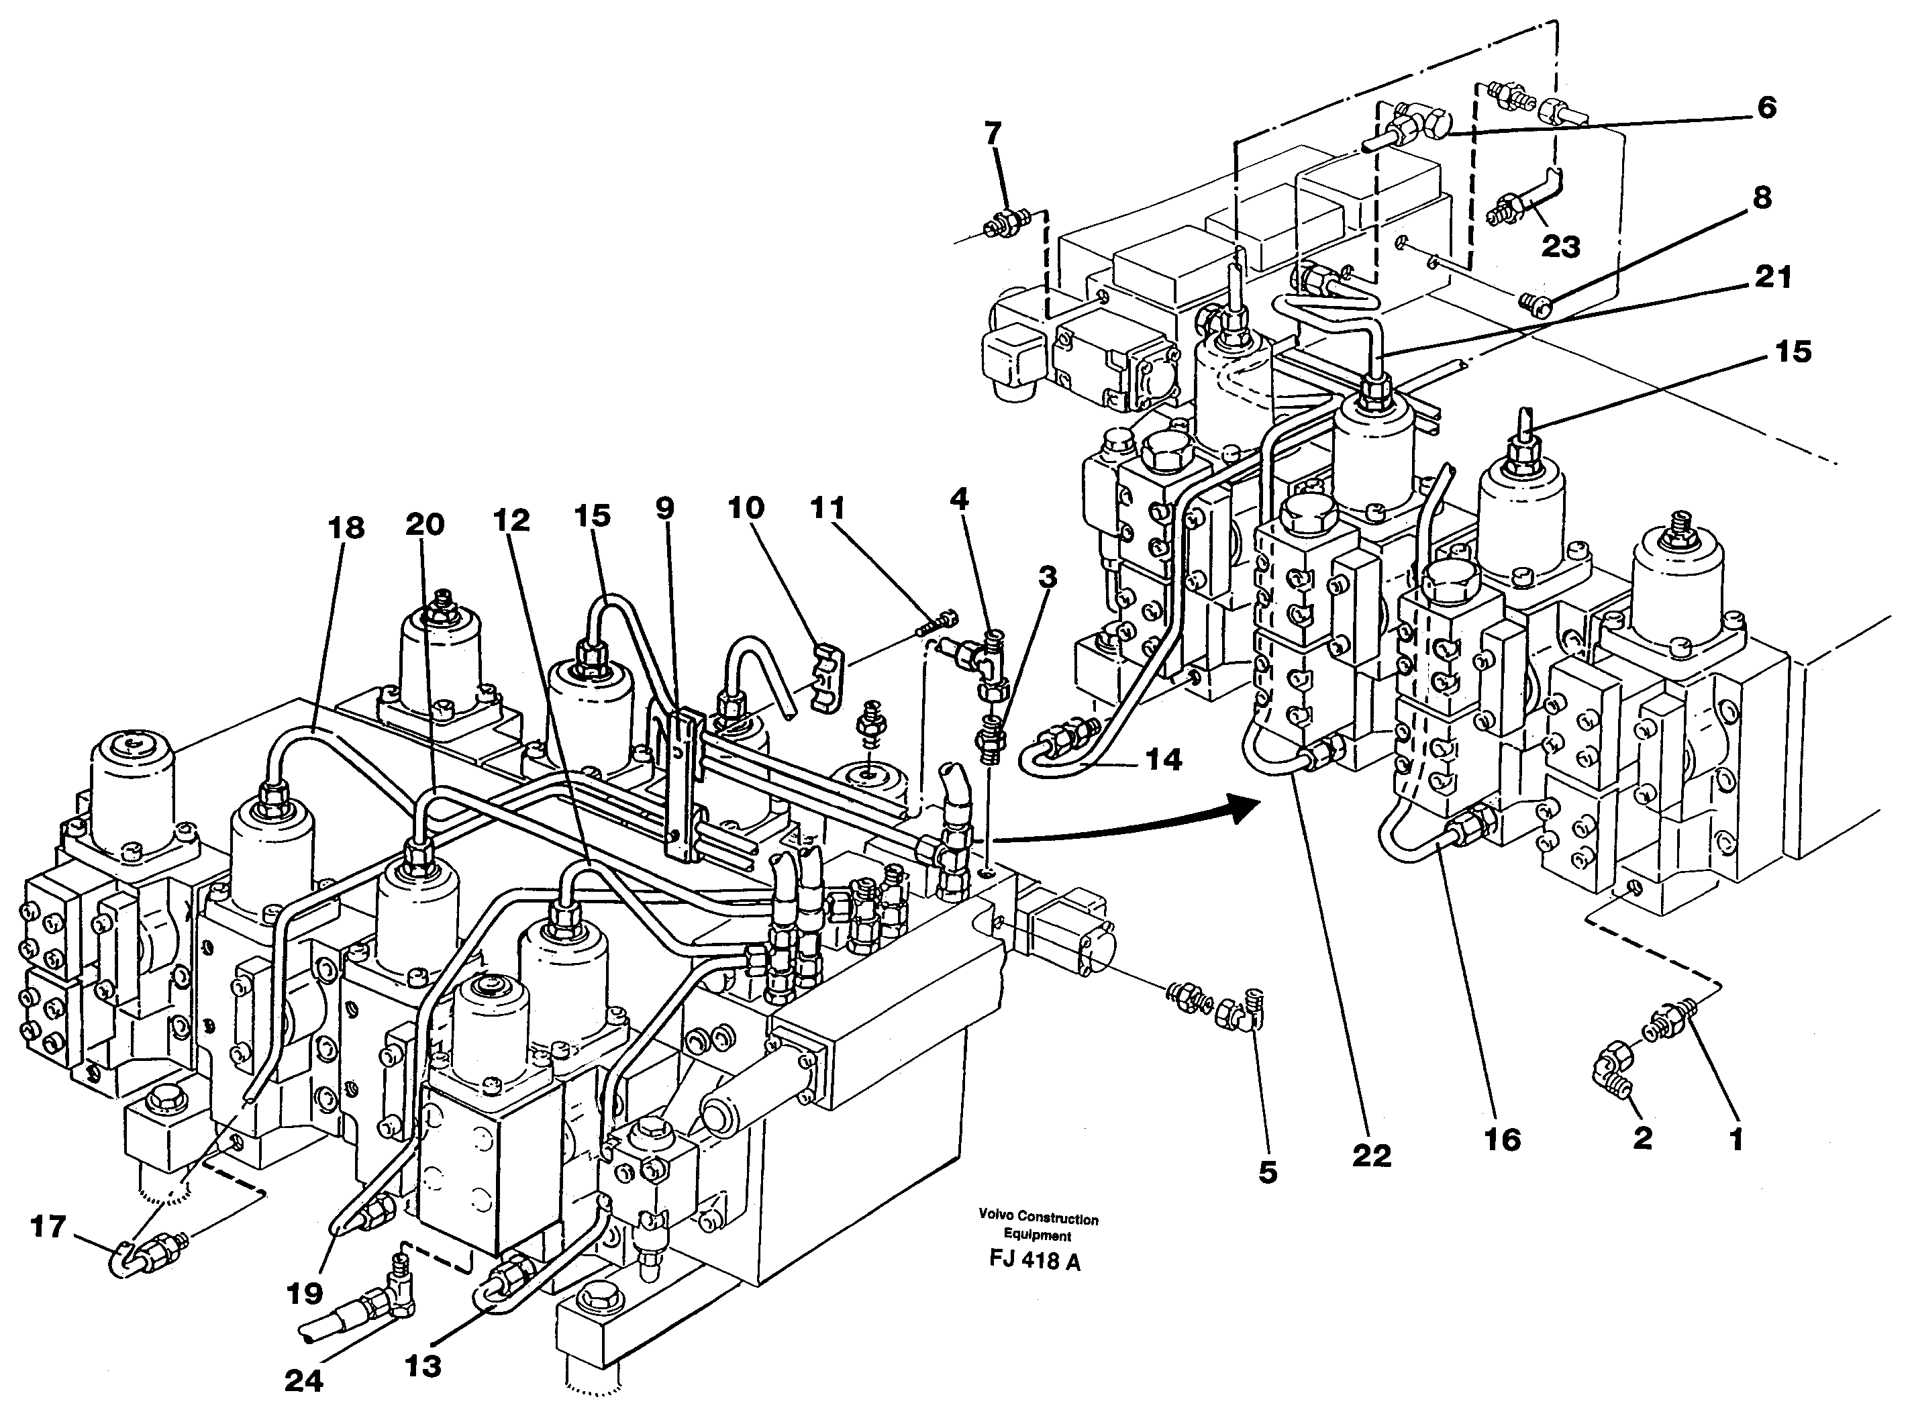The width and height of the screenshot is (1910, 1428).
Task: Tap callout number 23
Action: (1560, 247)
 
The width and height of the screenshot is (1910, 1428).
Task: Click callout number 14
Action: (1163, 760)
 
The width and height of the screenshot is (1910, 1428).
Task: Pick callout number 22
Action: (1372, 1155)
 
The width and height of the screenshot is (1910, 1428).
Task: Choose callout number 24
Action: (304, 1380)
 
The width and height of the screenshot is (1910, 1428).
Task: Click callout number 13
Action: (423, 1365)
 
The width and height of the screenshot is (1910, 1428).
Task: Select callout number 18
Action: (346, 527)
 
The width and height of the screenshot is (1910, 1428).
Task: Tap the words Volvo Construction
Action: (1038, 1219)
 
